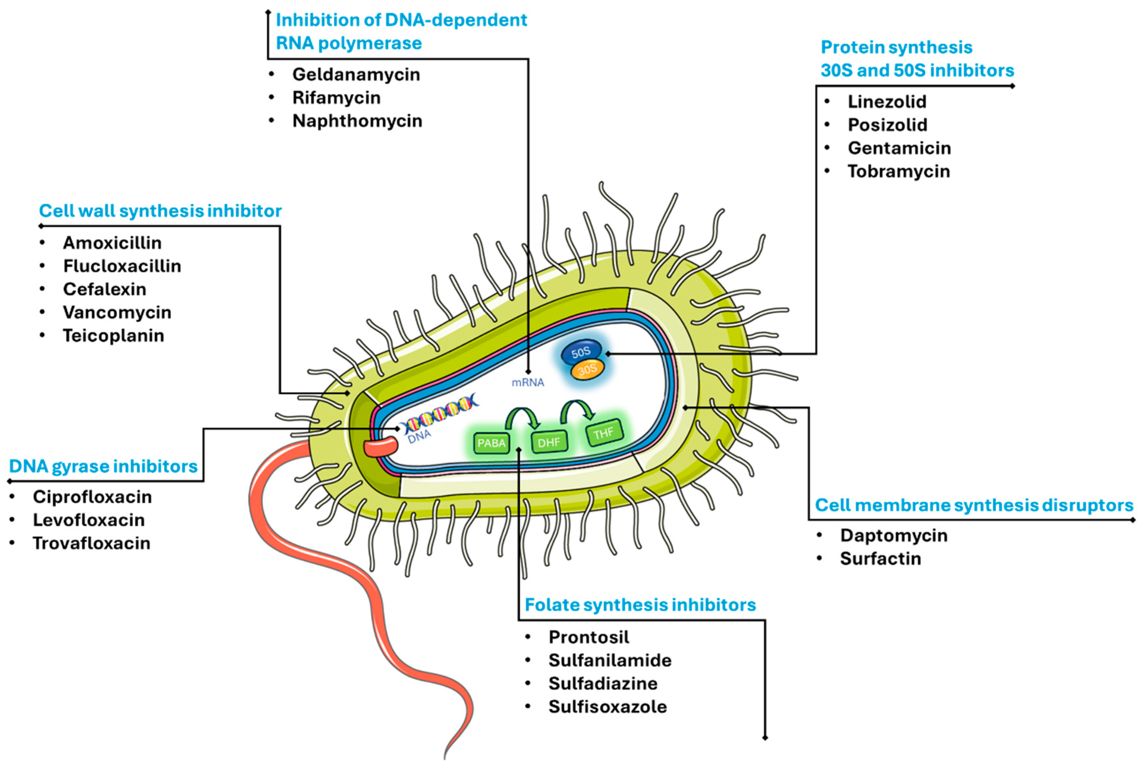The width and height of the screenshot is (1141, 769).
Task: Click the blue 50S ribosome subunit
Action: pyautogui.click(x=580, y=352)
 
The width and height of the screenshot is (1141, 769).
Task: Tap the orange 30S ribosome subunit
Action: pyautogui.click(x=587, y=370)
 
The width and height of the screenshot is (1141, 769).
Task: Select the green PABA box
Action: pyautogui.click(x=491, y=443)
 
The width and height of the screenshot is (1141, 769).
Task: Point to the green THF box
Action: pyautogui.click(x=604, y=433)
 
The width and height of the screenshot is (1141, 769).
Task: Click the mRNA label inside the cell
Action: pyautogui.click(x=528, y=382)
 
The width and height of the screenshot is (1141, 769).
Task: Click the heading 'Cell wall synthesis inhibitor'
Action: pyautogui.click(x=160, y=211)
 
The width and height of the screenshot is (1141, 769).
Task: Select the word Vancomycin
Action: pyautogui.click(x=117, y=312)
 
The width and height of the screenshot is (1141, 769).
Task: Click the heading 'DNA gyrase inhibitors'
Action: pyautogui.click(x=103, y=466)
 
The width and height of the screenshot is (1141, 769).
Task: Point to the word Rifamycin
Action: pyautogui.click(x=336, y=98)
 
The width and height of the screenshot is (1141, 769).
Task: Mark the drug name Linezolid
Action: pyautogui.click(x=887, y=102)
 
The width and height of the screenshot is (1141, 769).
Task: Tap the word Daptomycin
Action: pyautogui.click(x=894, y=535)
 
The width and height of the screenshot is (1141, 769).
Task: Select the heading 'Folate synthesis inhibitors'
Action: pyautogui.click(x=640, y=605)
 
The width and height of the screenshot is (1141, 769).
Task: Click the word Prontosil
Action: pyautogui.click(x=589, y=637)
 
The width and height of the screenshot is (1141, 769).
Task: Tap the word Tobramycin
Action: pyautogui.click(x=899, y=171)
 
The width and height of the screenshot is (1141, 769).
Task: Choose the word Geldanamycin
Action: pyautogui.click(x=356, y=75)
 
